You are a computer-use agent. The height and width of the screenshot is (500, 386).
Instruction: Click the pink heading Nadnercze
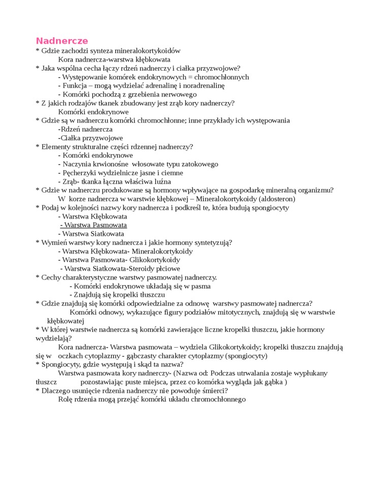61,41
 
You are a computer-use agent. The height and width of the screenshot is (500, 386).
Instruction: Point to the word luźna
162,181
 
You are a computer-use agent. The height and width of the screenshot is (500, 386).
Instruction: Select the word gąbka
273,382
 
